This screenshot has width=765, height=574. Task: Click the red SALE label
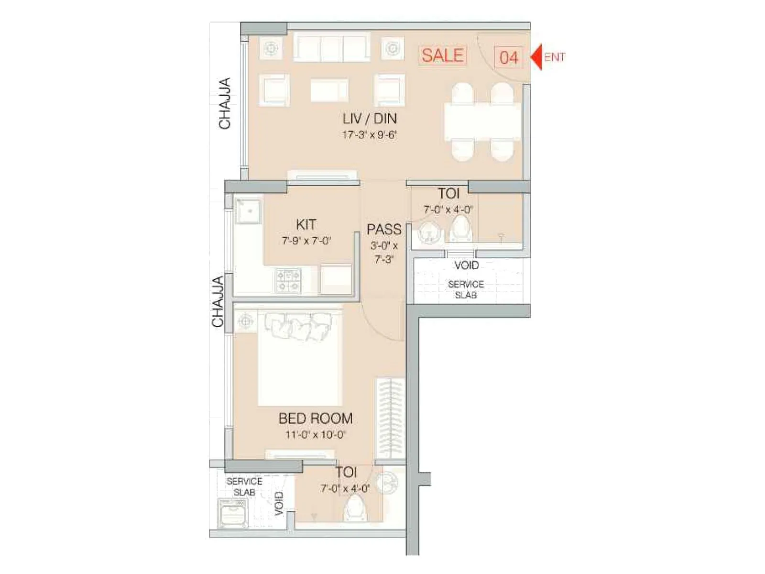[x=443, y=55]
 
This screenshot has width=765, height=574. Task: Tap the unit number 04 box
[x=508, y=57]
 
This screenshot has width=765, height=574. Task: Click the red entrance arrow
[x=536, y=57]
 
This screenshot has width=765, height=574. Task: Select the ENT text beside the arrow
[x=555, y=57]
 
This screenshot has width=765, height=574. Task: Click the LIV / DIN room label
[x=369, y=119]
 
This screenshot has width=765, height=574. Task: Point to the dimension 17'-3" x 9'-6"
[x=369, y=135]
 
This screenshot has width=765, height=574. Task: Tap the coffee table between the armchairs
[x=329, y=90]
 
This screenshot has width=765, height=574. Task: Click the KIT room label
[x=306, y=224]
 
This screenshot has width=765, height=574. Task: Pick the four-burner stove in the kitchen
[x=288, y=280]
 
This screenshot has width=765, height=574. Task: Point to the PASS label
[x=383, y=230]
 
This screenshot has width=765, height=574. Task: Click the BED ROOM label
[x=316, y=419]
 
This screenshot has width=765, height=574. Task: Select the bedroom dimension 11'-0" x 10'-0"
[x=316, y=435]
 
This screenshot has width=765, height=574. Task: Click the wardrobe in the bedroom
[x=390, y=419]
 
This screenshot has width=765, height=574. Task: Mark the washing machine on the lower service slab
[x=232, y=513]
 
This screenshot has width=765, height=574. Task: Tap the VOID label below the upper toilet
[x=467, y=265]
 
